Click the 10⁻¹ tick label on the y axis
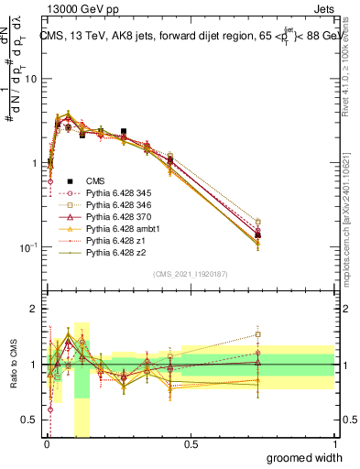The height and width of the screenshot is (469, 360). pos(28,247)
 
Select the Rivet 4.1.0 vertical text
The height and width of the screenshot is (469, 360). pos(352,73)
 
